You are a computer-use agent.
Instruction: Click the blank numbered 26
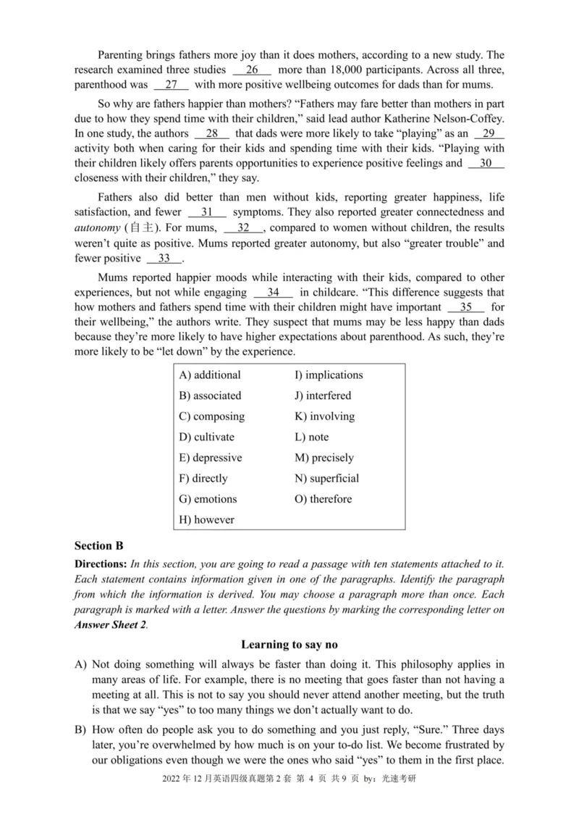[253, 70]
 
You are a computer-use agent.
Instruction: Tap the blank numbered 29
[489, 134]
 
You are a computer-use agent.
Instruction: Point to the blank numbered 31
[207, 212]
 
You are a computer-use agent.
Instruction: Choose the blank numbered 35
[465, 306]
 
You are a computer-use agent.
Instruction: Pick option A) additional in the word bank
[210, 375]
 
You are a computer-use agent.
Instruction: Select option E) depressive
[211, 458]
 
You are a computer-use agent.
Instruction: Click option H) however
[206, 520]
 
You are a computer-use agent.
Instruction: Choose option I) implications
[329, 375]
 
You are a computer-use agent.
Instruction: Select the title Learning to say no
[289, 644]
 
